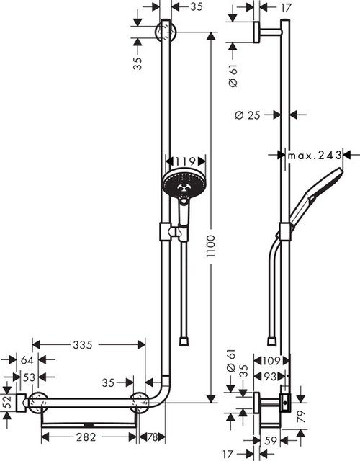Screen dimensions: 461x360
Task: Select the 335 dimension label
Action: click(83, 345)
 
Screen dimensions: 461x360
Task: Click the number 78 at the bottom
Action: click(153, 437)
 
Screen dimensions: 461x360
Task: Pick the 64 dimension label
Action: click(27, 360)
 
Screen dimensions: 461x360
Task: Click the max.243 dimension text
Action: click(314, 155)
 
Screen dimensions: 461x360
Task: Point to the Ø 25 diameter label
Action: click(247, 114)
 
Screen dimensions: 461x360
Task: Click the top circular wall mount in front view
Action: click(165, 32)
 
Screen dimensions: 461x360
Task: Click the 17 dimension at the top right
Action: click(265, 8)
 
